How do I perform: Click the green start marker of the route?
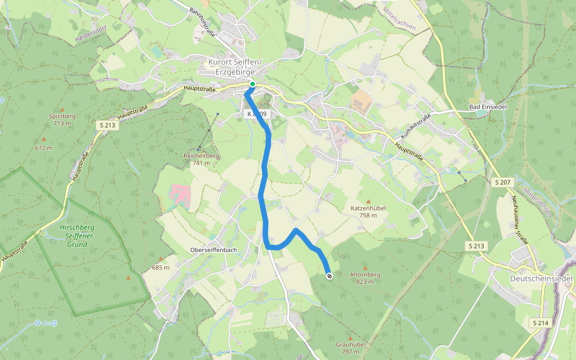tap(253, 85)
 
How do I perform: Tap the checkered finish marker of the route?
tap(329, 276)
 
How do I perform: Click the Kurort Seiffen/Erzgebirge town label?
tap(235, 67)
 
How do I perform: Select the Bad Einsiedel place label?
tap(488, 107)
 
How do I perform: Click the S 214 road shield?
tap(540, 323)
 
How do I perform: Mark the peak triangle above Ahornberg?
tap(365, 268)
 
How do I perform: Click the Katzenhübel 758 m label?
tap(368, 211)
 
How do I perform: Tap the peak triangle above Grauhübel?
tap(350, 338)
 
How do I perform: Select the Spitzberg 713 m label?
tap(62, 119)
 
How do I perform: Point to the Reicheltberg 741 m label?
tap(201, 159)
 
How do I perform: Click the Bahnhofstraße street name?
tap(202, 20)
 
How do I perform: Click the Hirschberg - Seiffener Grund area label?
tap(77, 236)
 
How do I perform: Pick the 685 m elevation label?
tap(161, 268)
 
